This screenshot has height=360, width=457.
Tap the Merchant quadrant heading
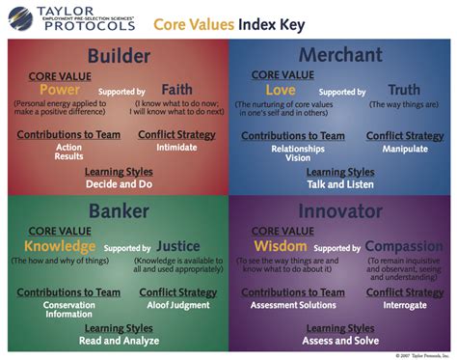pos(339,56)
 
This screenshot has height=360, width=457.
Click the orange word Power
pos(60,90)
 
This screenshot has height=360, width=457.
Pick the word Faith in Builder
pos(177,90)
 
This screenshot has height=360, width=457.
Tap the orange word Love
pos(281,90)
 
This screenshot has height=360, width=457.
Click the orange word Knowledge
pos(60,246)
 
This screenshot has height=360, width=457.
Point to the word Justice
pos(178,246)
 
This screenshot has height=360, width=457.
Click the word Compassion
pos(404,246)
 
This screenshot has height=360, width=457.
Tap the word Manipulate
pos(405,150)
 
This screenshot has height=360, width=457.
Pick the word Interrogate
pos(405,305)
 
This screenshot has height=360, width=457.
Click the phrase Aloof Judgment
pos(176,305)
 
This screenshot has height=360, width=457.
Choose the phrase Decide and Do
pos(117,183)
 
